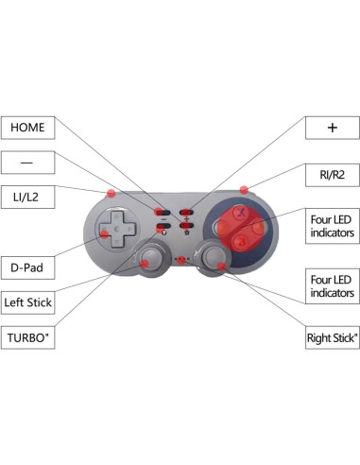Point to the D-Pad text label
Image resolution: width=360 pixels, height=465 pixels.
[x=26, y=267]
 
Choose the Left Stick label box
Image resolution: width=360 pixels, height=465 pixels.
[x=26, y=302]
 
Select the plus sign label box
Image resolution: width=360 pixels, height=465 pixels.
[x=332, y=127]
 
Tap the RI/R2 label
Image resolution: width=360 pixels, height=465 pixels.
[x=332, y=174]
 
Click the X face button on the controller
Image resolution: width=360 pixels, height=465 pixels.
[x=240, y=212]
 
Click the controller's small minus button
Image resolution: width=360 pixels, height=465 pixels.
[x=164, y=214]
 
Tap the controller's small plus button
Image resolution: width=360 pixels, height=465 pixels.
[x=187, y=214]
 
